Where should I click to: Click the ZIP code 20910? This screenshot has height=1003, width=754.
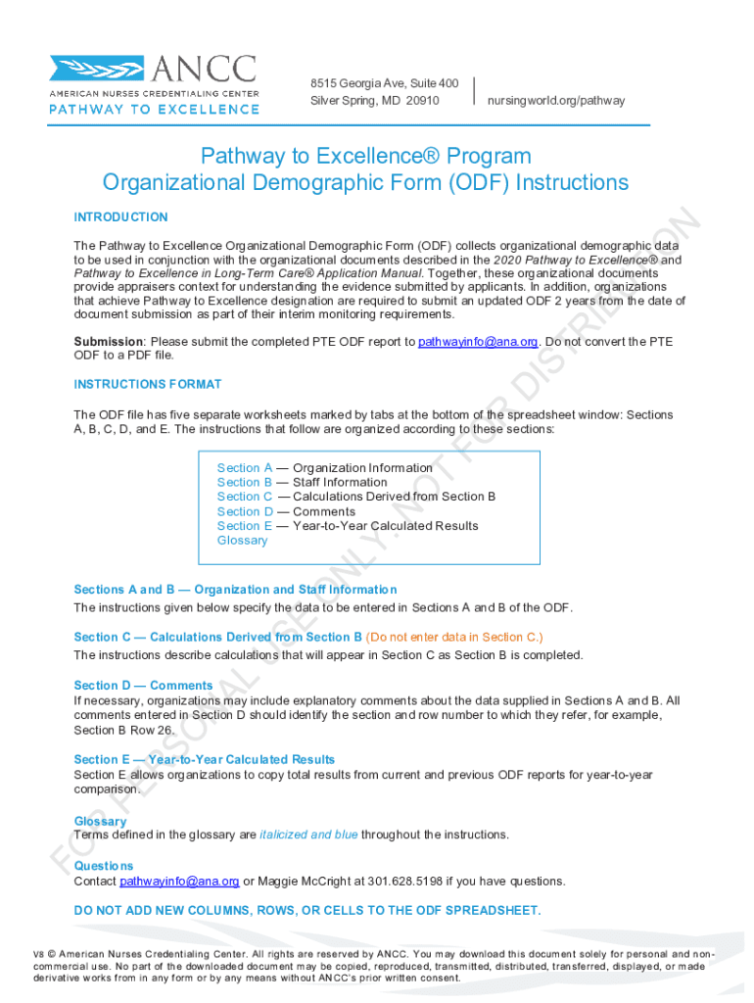422,101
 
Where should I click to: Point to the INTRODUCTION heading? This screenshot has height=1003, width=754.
120,217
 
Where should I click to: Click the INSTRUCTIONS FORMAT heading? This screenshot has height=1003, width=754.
148,385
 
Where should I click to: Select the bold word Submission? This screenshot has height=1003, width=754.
109,342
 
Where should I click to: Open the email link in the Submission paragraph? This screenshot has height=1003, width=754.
478,342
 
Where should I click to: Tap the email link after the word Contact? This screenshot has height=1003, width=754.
179,882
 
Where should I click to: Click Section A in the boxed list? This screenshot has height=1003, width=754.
245,468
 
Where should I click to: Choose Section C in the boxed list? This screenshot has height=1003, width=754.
245,497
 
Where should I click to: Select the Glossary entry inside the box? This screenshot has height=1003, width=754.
242,541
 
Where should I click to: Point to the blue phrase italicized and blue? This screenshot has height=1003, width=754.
308,836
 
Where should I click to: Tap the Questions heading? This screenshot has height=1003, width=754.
104,866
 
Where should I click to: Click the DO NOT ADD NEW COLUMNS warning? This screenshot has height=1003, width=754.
306,911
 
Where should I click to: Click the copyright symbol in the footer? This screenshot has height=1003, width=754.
51,953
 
